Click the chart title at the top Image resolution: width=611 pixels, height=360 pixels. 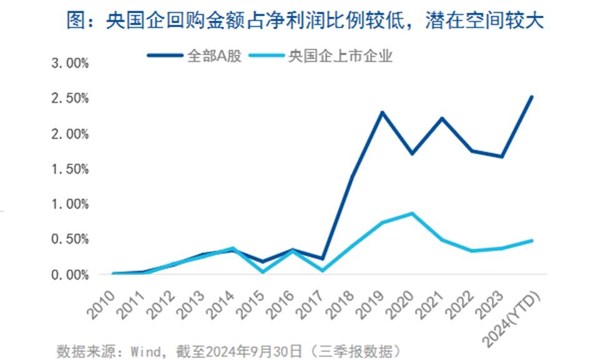pyautogui.click(x=306, y=22)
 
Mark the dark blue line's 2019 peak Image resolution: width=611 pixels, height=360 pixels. pyautogui.click(x=382, y=112)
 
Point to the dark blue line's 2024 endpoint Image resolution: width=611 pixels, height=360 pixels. pyautogui.click(x=532, y=97)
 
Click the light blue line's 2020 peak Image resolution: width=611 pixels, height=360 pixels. pyautogui.click(x=411, y=213)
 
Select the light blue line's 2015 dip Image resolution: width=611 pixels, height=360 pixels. pyautogui.click(x=263, y=272)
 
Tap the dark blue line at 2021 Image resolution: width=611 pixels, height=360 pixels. pyautogui.click(x=441, y=118)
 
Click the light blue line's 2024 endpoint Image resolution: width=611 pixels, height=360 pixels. pyautogui.click(x=532, y=240)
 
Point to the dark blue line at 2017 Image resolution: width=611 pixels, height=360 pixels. pyautogui.click(x=322, y=258)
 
